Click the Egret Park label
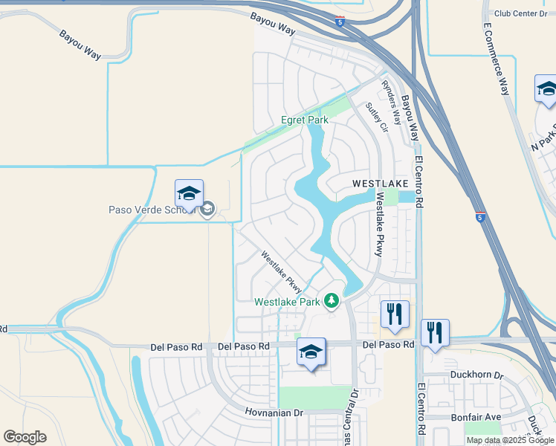pos(304,120)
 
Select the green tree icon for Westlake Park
pos(332,301)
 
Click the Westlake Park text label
pos(286,302)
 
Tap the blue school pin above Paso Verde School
pos(189,194)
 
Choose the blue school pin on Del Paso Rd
pos(311,352)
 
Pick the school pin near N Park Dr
pos(546,90)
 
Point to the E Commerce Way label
pos(496,59)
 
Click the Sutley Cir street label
pos(377,117)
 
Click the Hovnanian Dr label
pos(274,412)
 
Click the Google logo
pos(25,436)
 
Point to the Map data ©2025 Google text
pos(511,440)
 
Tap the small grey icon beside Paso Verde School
pos(208,209)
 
